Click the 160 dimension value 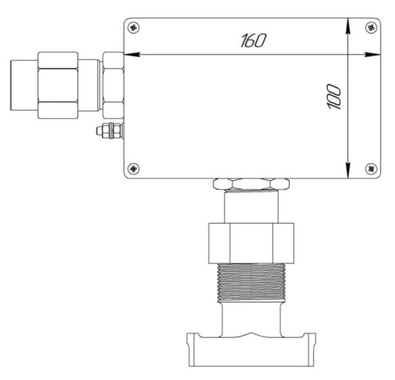[x=253, y=41]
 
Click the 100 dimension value [x=334, y=97]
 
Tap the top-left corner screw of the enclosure [x=134, y=28]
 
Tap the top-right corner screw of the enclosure [x=371, y=28]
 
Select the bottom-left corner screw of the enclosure [x=134, y=169]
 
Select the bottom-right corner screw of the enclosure [x=371, y=169]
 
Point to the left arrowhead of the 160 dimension [x=132, y=55]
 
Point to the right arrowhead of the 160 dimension [x=373, y=55]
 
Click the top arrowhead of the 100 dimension [x=348, y=26]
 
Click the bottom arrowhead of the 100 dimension [x=348, y=171]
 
